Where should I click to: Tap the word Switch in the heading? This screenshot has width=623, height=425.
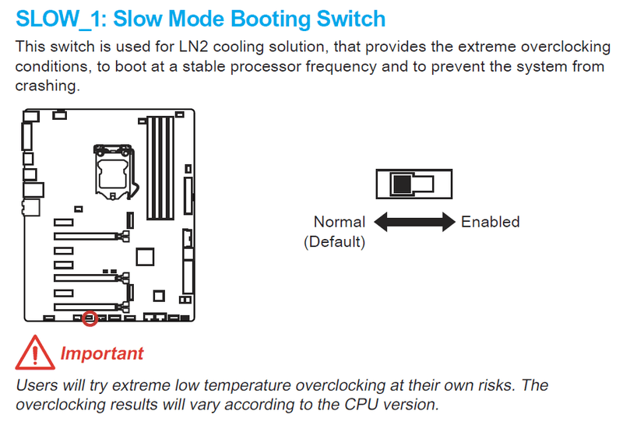pos(346,18)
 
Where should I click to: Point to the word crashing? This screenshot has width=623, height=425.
pos(47,85)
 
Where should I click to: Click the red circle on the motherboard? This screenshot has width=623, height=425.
pos(90,318)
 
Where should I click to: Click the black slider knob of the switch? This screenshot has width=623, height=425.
pos(402,184)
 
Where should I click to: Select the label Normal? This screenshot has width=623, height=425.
pos(339,222)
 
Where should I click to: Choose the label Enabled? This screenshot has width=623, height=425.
pos(490,222)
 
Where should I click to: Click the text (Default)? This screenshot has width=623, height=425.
pos(334,241)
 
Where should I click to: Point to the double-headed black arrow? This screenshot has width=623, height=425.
pos(414,223)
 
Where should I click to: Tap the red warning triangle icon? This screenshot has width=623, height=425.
pos(33,353)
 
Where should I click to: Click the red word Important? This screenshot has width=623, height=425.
pos(102,353)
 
